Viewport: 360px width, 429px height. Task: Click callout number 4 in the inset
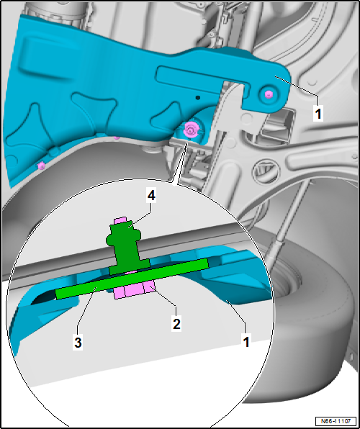pos(151,196)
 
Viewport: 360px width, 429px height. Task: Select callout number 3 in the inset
pos(78,343)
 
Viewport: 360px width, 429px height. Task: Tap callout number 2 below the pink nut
pos(176,324)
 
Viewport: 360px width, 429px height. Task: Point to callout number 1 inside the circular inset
pos(246,342)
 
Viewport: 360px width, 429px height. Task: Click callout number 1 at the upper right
pos(318,113)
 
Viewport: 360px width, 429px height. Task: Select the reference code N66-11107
pos(336,421)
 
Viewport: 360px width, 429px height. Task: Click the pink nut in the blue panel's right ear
pos(269,95)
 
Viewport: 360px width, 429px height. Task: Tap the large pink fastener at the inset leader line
pos(189,129)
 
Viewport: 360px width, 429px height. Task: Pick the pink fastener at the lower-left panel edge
pos(41,166)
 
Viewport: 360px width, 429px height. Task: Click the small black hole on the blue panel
pos(198,97)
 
